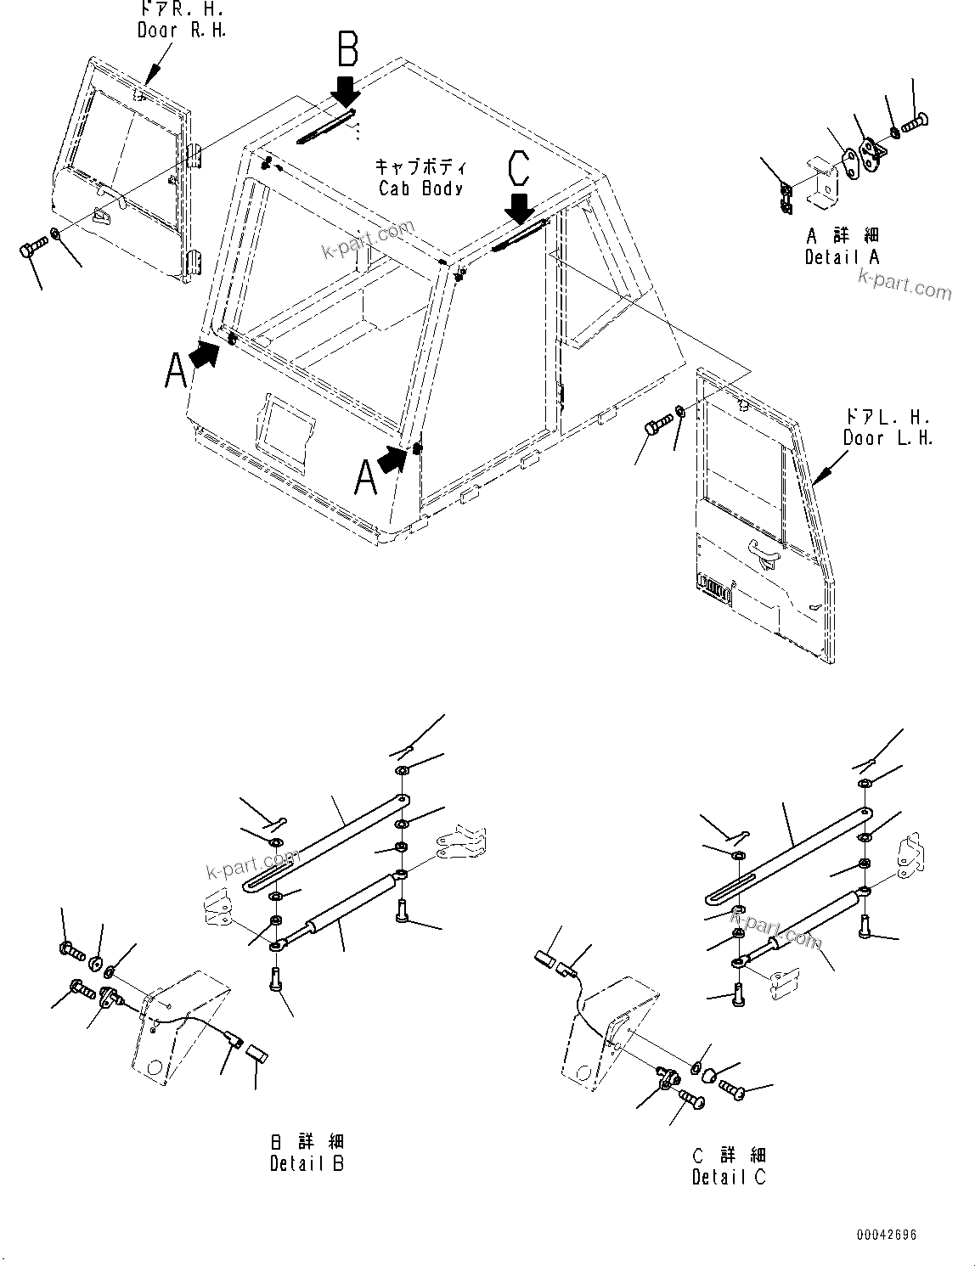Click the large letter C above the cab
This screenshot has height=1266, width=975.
[518, 167]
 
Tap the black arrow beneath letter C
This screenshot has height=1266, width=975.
[519, 207]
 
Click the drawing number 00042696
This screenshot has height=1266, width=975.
[886, 1235]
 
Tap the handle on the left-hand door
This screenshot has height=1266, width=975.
[764, 555]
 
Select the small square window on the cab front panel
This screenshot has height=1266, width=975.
[287, 424]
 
